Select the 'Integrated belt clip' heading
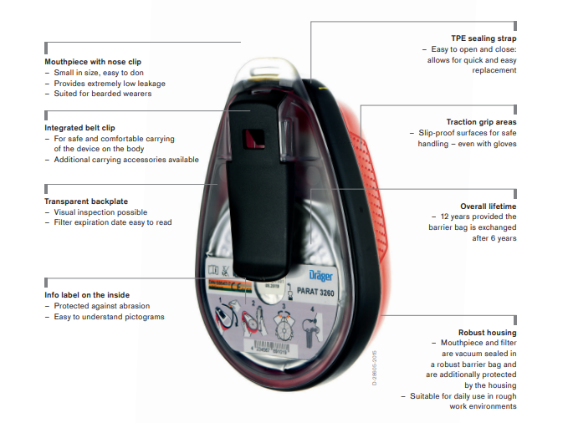coord(80,127)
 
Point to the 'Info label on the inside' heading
coord(85,295)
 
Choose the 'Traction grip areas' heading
coord(481,122)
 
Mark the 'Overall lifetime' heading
coord(488,206)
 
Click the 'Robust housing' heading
coord(488,332)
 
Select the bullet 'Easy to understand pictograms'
coord(109,317)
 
